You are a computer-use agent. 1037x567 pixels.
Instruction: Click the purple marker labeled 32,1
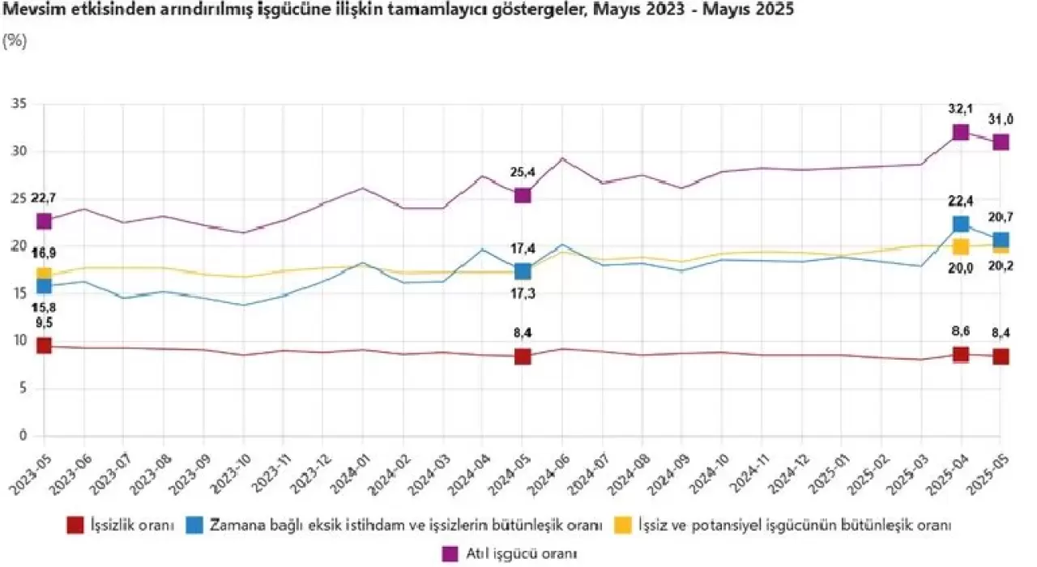coord(961,132)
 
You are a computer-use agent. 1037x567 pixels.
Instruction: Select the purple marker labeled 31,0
coord(1001,142)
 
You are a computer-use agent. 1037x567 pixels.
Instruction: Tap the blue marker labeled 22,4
coord(961,224)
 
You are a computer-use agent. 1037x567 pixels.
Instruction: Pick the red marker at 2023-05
coord(44,346)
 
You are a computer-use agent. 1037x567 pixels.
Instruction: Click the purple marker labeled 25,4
coord(523,195)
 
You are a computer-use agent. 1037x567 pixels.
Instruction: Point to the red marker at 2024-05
coord(523,356)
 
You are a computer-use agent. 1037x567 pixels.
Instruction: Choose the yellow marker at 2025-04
coord(961,246)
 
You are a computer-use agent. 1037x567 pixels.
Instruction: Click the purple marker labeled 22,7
coord(44,221)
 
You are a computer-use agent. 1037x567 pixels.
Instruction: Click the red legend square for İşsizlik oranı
coord(75,525)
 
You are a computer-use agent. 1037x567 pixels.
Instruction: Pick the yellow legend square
coord(625,525)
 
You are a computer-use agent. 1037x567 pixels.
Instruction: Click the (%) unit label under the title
coord(15,40)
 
